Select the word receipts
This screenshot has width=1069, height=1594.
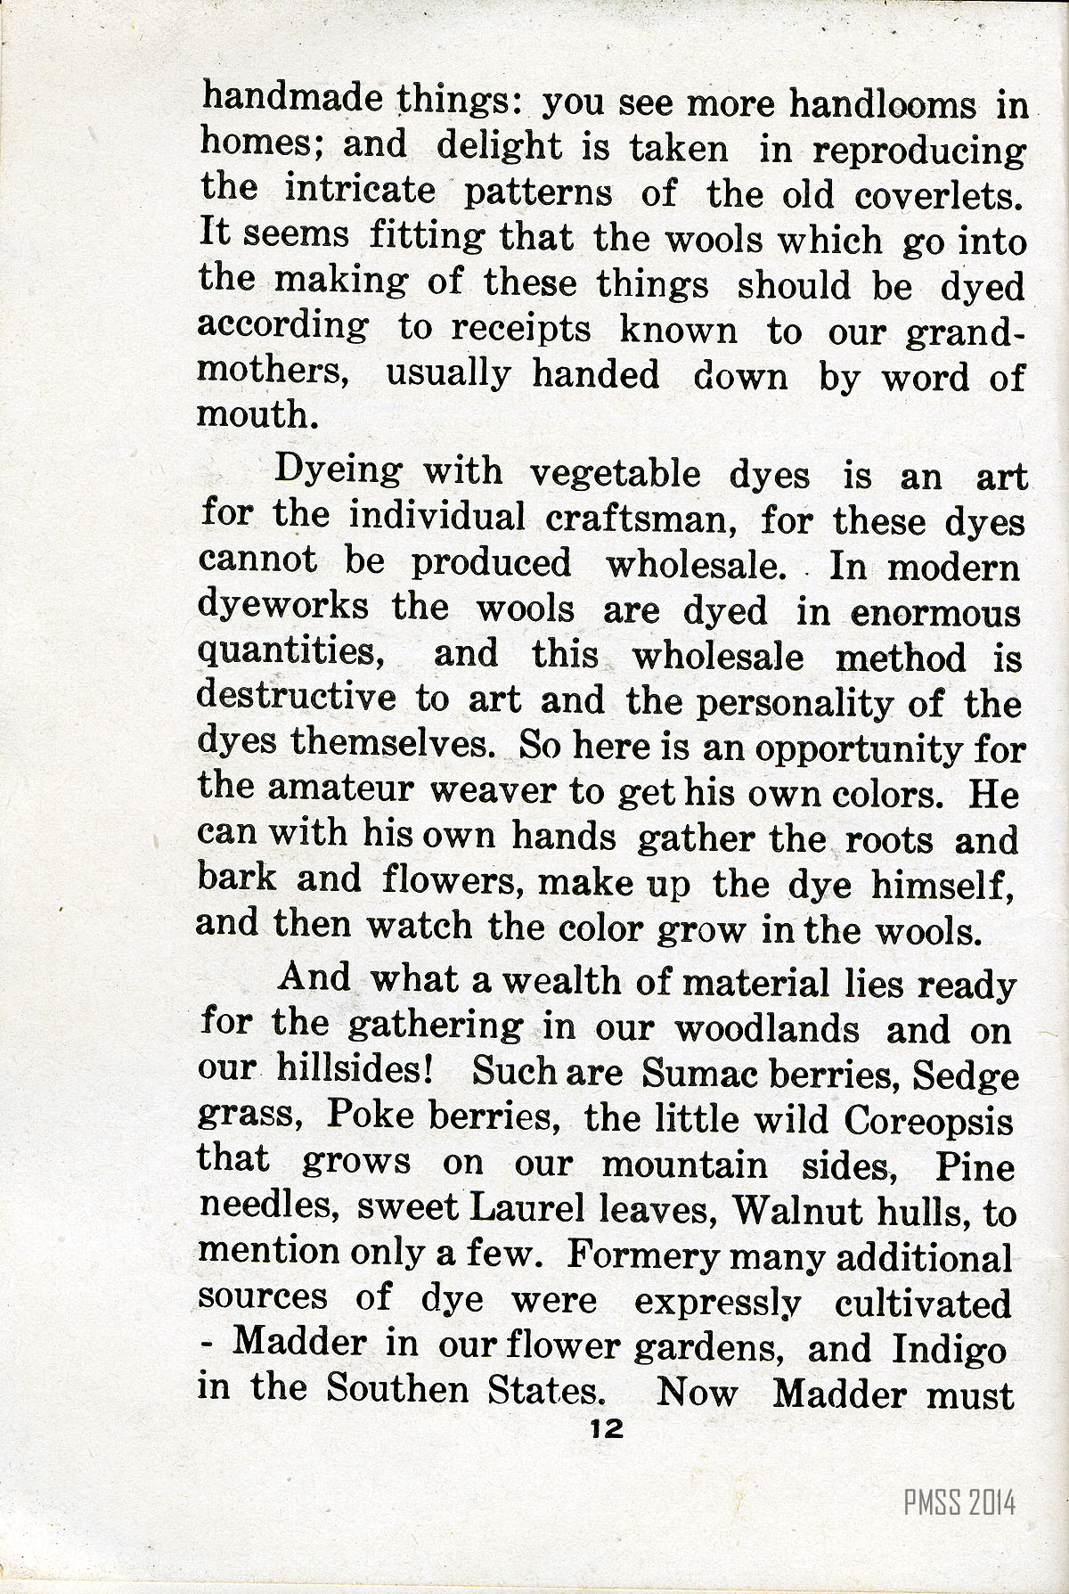(520, 330)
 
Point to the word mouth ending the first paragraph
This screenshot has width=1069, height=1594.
(256, 415)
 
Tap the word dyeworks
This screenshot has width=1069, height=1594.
(282, 608)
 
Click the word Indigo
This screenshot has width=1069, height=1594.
(950, 1347)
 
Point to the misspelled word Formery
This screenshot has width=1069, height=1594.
(642, 1255)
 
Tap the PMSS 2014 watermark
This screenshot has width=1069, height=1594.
(959, 1504)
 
